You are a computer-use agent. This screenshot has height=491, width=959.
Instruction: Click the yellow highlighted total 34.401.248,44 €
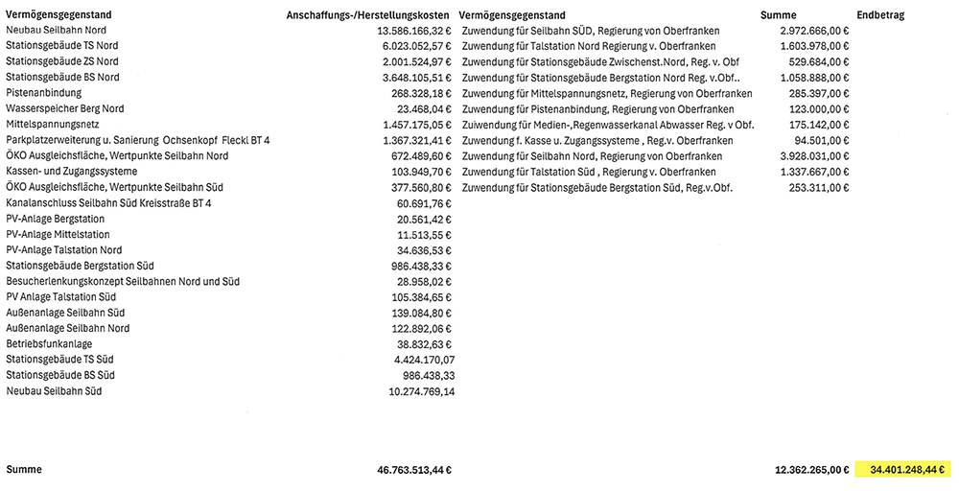point(907,470)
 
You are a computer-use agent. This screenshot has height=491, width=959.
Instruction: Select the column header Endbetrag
point(880,15)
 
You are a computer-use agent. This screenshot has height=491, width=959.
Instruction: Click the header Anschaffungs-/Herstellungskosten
point(368,15)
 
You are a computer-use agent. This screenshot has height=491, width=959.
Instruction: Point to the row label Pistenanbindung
point(43,93)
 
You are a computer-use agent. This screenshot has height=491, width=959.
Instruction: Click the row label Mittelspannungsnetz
point(53,125)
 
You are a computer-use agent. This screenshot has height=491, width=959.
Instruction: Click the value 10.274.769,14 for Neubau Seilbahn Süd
point(415,391)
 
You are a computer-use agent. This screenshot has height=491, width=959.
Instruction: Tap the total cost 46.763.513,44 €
point(414,470)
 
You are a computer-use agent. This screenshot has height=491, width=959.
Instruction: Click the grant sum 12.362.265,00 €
point(811,470)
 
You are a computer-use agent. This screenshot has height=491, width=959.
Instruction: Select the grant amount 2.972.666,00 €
point(814,31)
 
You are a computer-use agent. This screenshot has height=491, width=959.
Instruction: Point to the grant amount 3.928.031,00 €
point(814,156)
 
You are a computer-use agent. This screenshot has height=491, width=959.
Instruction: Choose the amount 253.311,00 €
point(818,188)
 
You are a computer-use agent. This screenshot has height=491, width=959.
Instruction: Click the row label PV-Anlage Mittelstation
point(57,234)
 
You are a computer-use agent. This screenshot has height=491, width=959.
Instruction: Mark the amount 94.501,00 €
point(821,141)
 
